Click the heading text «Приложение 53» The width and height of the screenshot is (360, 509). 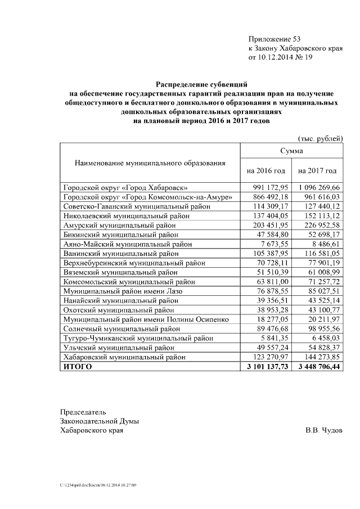(x=274, y=39)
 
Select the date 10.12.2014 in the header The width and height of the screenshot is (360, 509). (x=277, y=57)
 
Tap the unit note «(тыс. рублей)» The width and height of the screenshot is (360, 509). (x=319, y=138)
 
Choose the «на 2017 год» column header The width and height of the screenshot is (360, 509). (x=317, y=170)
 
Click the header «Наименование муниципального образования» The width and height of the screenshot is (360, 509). (x=150, y=163)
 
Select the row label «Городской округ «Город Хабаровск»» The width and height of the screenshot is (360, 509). (x=125, y=187)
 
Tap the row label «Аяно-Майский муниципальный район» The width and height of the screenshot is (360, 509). (x=128, y=244)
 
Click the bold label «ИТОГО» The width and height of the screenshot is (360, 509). (x=78, y=367)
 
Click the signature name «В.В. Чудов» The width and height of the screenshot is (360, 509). (x=323, y=430)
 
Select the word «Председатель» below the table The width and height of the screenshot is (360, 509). (x=83, y=411)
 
